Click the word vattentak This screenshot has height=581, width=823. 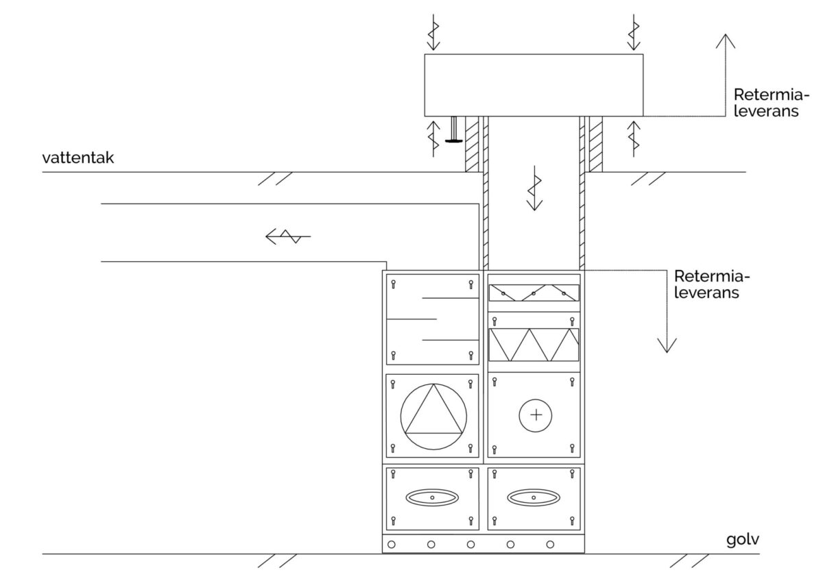point(78,158)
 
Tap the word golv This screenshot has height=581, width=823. point(743,540)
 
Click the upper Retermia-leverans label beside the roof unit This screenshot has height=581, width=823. point(772,103)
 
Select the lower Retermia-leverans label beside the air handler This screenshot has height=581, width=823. point(712,284)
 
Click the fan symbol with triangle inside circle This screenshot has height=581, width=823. point(433,417)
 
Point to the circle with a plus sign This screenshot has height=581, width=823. point(536,415)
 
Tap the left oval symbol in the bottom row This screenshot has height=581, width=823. point(432,497)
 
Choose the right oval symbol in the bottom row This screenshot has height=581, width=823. point(534,497)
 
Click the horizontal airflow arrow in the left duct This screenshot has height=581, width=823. point(288,236)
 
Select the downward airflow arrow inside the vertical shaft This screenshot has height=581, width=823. point(534,188)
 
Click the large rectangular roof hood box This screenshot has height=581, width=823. point(534,85)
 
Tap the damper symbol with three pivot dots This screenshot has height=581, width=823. point(534,293)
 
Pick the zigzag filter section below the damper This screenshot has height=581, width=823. point(534,345)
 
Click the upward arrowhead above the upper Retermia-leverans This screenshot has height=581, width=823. point(726,41)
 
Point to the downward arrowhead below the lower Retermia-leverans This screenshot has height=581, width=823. point(667,345)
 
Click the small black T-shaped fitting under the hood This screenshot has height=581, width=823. point(454,129)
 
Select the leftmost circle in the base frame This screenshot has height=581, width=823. point(392,544)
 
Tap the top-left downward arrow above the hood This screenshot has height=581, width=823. point(433,32)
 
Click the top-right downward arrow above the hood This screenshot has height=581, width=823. point(634,32)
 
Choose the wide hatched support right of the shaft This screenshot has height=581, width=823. point(596,145)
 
